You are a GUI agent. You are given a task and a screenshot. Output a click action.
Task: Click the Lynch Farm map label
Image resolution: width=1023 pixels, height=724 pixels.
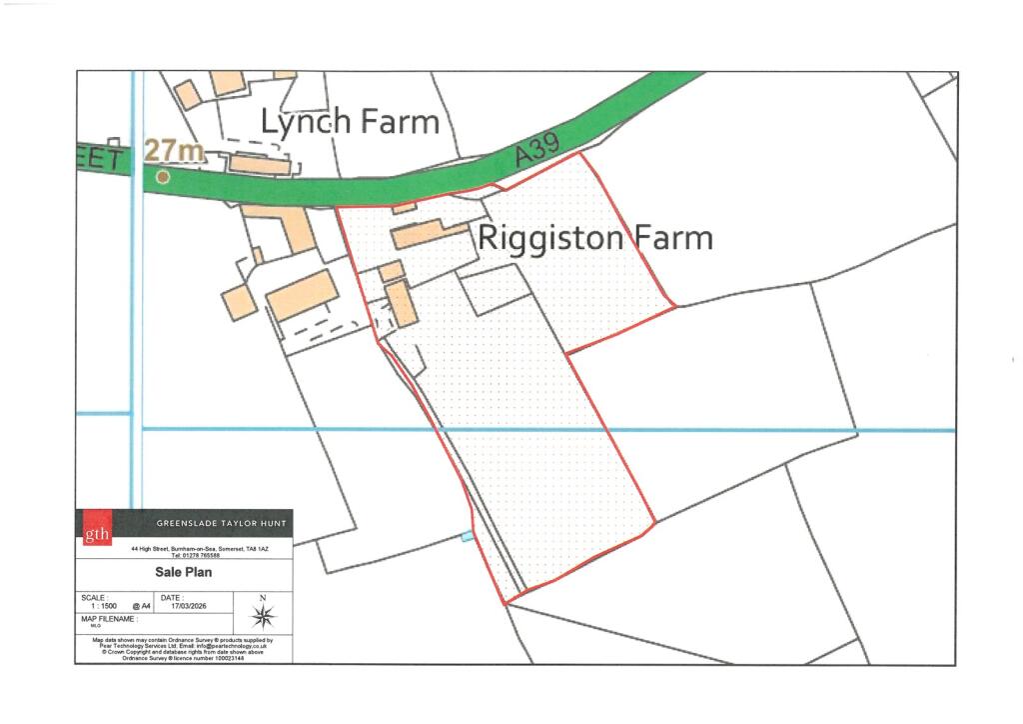350,122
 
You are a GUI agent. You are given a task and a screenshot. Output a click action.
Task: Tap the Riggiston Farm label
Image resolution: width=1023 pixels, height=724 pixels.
595,238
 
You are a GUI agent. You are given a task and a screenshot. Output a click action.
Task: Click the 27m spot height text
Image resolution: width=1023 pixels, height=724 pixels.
175,151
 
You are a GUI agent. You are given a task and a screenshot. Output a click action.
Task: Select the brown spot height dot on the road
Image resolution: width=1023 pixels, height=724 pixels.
163,177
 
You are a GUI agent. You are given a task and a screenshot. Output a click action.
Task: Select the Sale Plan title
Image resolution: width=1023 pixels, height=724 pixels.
184,573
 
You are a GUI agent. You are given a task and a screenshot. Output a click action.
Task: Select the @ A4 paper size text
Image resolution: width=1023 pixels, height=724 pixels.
142,606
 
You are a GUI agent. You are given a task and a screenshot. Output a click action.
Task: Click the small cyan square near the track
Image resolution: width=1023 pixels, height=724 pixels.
468,537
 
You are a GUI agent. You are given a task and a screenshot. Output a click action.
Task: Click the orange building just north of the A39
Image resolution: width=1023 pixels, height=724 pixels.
262,163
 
